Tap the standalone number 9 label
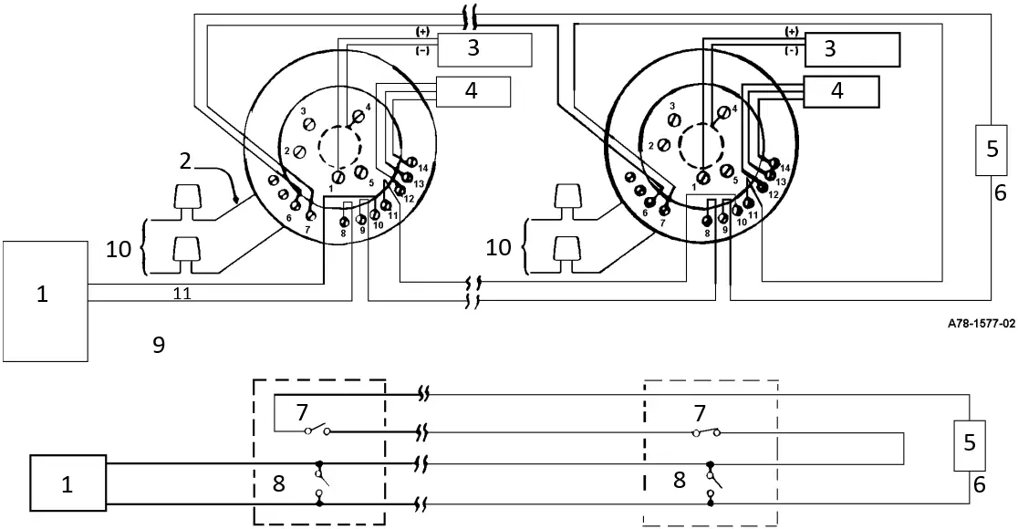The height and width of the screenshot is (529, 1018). pos(159,344)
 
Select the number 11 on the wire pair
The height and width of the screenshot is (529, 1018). pos(182,294)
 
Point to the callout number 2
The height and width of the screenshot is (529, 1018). pos(185,161)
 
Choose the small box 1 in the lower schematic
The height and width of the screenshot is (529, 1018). pos(68,482)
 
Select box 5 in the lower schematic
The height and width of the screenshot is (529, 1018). pos(970,441)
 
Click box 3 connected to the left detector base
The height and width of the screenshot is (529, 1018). pos(484,49)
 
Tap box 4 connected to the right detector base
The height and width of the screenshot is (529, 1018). pos(840,91)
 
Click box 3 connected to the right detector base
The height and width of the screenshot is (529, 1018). pos(851,48)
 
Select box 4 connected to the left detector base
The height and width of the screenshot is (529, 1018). pos(473,91)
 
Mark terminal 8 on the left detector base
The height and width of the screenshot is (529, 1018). pos(345,221)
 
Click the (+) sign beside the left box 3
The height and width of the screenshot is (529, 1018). pos(422,31)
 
